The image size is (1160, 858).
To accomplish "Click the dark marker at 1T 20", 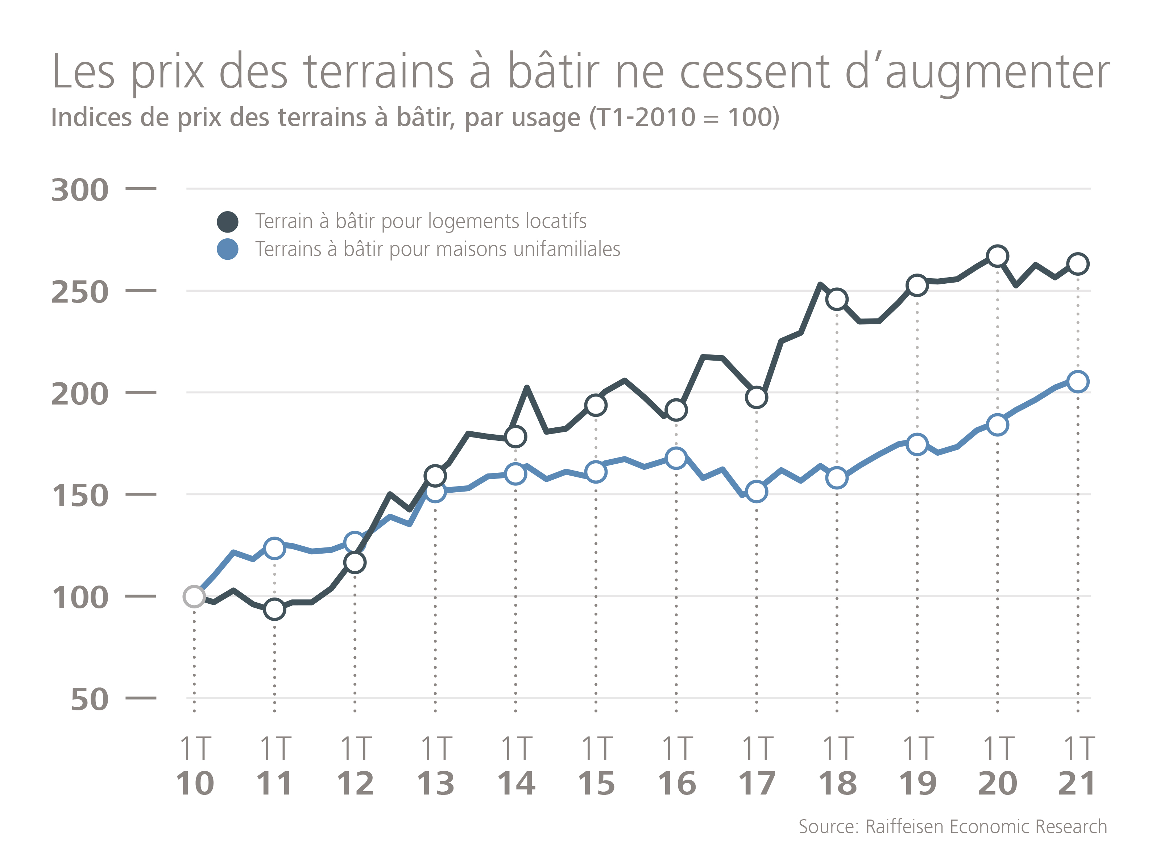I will [997, 256].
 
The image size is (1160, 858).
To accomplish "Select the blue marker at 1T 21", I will [1077, 382].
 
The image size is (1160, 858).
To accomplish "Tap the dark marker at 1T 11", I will [274, 609].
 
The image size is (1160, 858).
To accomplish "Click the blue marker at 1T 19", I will [917, 444].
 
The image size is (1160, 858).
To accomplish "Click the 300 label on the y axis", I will [80, 190].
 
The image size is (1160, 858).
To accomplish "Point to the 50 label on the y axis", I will [90, 699].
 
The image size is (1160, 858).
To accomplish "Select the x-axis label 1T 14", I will [516, 767].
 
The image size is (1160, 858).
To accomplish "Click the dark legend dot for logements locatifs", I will [227, 222].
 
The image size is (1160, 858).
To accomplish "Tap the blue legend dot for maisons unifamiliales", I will [227, 249].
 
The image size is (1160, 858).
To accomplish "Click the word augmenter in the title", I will [997, 73].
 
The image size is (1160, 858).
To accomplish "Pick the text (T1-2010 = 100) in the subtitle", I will [684, 118].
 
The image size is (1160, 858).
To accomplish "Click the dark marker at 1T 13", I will [435, 475].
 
